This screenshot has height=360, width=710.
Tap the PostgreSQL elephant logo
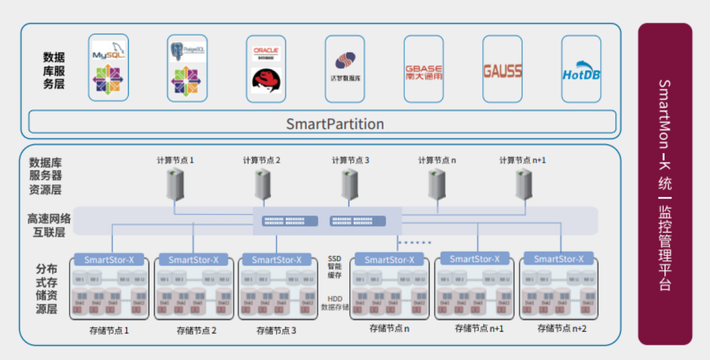(x=187, y=51)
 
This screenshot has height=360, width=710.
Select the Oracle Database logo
(x=265, y=53)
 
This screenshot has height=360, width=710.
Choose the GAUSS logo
(x=502, y=71)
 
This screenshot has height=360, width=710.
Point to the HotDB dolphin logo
(x=581, y=72)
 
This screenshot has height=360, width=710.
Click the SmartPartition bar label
(x=335, y=124)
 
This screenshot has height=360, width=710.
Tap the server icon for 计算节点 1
(x=175, y=184)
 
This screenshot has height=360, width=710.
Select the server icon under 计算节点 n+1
(x=523, y=184)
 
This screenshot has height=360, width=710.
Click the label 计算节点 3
(x=350, y=161)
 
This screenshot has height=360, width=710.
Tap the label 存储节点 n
(x=390, y=329)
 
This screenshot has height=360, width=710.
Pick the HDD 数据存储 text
(x=334, y=303)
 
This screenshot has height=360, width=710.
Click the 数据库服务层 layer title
(x=54, y=71)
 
